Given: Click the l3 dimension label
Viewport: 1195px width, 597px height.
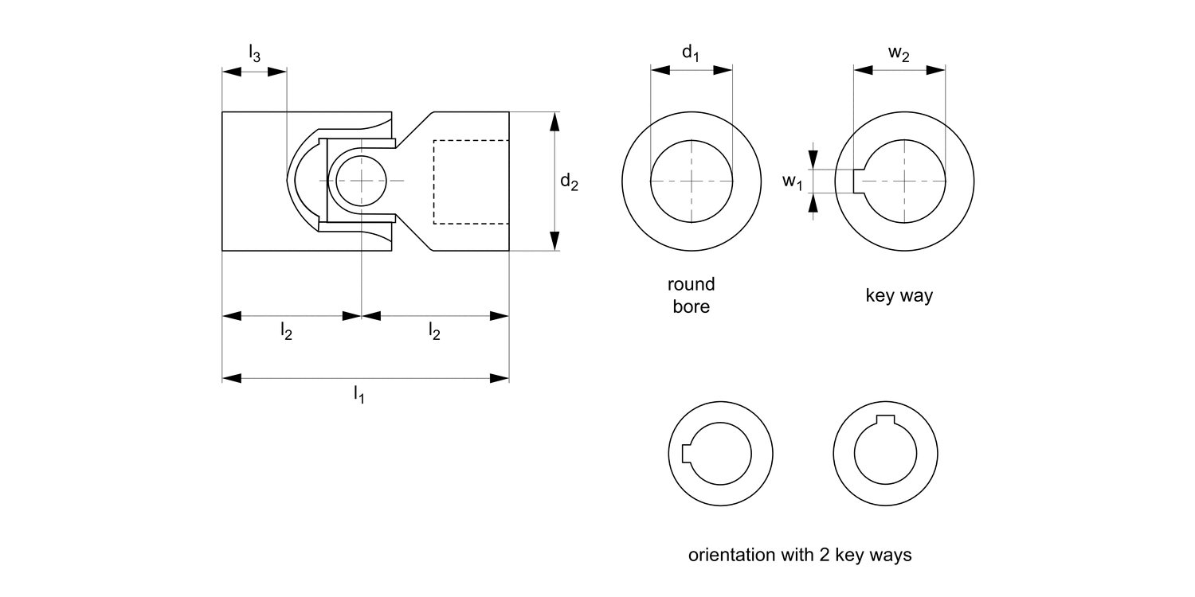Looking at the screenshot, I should (254, 54).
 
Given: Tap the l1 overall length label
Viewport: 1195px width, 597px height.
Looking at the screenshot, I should (359, 393).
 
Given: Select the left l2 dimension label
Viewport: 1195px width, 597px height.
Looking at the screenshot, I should (286, 332).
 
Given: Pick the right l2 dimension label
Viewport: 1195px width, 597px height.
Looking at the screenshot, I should (434, 332).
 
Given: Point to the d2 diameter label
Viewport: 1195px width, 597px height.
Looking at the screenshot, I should (569, 182).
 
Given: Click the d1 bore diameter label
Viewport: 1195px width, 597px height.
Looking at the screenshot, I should (690, 53).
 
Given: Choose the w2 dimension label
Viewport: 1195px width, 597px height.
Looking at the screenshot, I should (899, 53).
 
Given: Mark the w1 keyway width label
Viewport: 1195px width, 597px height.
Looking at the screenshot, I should (792, 182).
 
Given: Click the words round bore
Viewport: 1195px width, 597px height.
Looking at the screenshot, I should (691, 295).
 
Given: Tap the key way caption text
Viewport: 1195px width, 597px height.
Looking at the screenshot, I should (899, 295).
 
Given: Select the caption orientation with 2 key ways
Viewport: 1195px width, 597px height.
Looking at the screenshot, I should (799, 555).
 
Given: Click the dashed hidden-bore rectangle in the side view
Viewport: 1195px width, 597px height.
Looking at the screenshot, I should (470, 181).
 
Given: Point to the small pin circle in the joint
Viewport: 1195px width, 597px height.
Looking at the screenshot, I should (361, 181).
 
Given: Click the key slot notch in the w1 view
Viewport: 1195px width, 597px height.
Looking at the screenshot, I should (859, 181).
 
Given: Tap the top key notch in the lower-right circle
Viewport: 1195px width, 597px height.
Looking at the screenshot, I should (884, 421).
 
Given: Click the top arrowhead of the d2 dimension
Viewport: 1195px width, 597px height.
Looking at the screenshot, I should (555, 122).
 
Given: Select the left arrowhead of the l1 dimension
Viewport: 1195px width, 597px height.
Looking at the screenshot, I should (232, 377).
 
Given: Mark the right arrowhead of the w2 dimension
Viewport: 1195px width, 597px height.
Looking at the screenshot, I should (936, 70).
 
